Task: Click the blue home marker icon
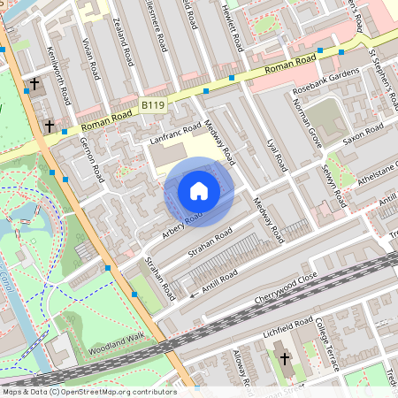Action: tap(199, 190)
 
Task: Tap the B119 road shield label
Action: tap(153, 104)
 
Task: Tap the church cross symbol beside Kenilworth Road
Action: tap(34, 86)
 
